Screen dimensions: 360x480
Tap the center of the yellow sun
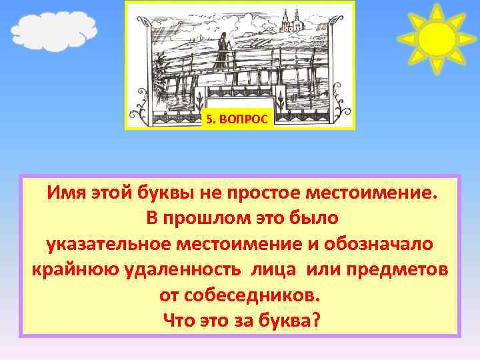(436, 39)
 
